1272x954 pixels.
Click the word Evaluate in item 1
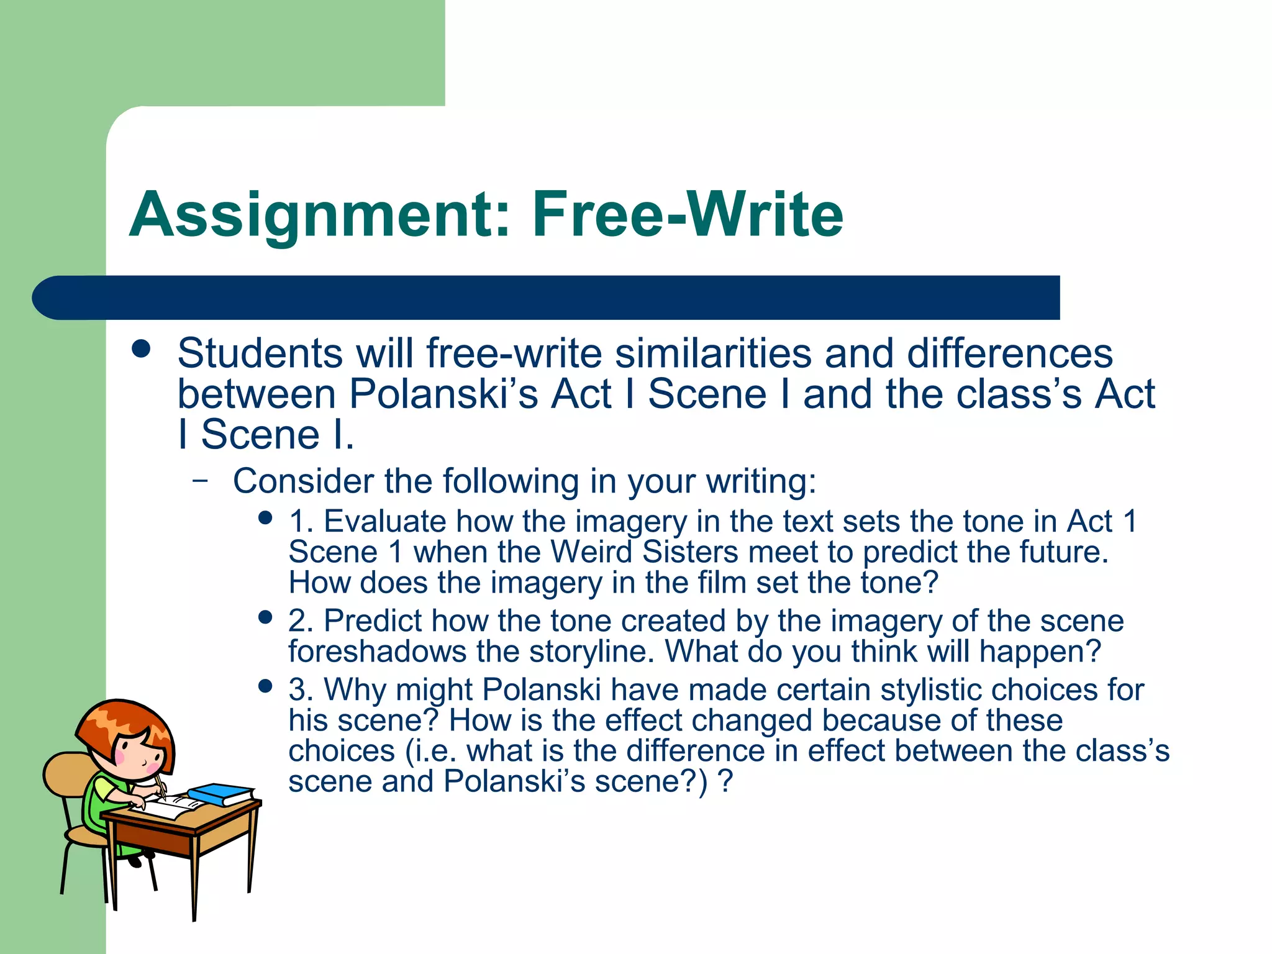click(385, 521)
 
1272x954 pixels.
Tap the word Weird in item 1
click(591, 552)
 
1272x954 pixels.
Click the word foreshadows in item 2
click(377, 651)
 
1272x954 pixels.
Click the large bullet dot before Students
click(142, 349)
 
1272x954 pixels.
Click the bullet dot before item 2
click(265, 617)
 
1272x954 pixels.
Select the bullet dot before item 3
click(265, 686)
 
